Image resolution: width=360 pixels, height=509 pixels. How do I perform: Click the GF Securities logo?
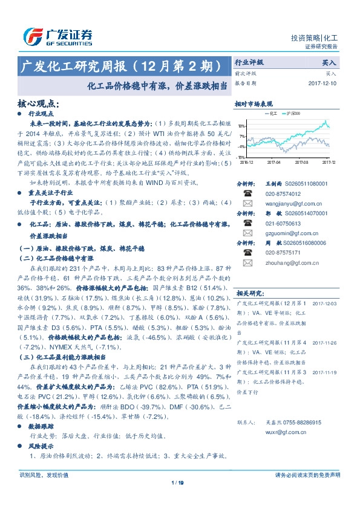pos(57,36)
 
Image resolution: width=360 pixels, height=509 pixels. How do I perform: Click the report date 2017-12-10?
pos(322,83)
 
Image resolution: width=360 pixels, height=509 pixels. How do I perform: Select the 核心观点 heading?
pos(38,104)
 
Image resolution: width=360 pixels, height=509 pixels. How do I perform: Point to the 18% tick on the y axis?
pos(241,126)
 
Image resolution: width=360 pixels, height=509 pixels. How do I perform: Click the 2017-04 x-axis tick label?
pos(274,162)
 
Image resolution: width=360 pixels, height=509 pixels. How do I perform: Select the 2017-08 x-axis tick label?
pos(302,162)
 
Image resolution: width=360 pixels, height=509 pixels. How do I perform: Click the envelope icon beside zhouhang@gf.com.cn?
pos(247,263)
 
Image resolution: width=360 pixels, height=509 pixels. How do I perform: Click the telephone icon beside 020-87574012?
pos(247,194)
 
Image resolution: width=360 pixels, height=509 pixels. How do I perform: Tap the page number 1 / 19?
pos(177,482)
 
